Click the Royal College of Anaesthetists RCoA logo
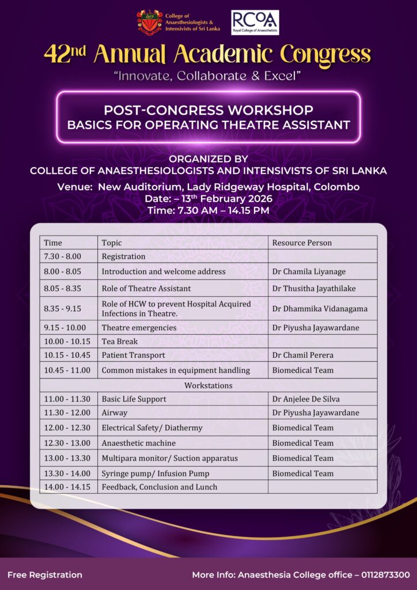pos(255,22)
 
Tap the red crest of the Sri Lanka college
pos(149,22)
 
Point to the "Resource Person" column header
pos(302,243)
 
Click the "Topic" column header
pos(112,243)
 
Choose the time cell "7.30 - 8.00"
pos(62,256)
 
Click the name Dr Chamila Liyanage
pos(308,271)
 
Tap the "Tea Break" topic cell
pos(120,341)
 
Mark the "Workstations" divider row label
pos(208,385)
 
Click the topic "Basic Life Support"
pos(134,399)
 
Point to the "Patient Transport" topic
pos(133,355)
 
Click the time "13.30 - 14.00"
pos(67,474)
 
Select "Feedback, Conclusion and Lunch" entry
pos(160,487)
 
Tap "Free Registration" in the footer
pos(45,574)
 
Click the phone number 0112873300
pos(385,574)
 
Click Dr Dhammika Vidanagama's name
pos(320,308)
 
